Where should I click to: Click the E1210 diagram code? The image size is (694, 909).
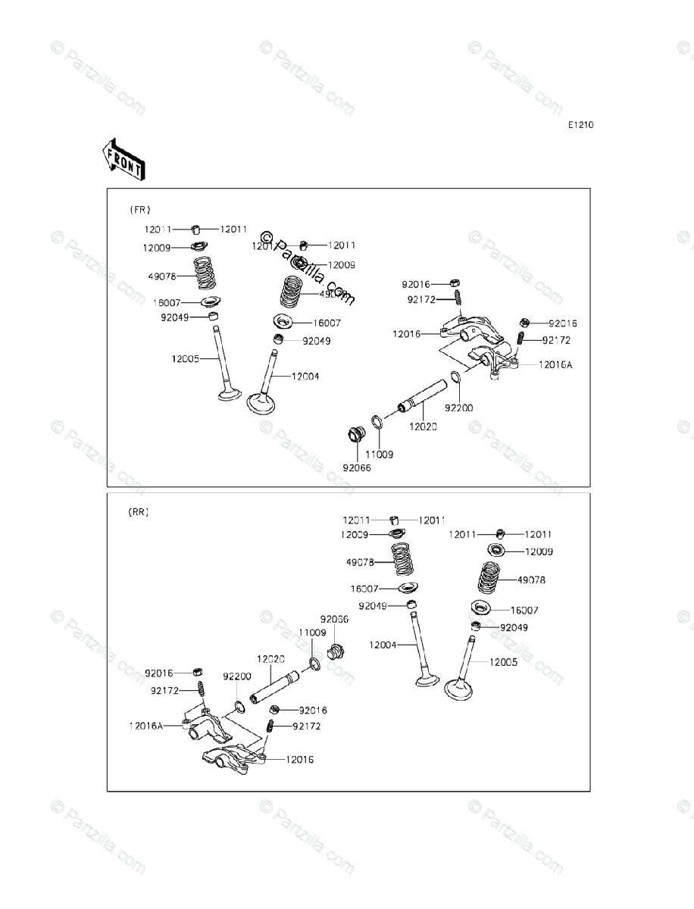[582, 125]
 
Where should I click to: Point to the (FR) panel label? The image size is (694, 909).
[139, 209]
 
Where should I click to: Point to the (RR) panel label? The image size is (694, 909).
[138, 512]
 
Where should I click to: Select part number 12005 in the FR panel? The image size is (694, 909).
[185, 358]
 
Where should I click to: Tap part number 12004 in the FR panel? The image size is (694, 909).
[305, 376]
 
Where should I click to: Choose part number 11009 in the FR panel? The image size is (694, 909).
[380, 454]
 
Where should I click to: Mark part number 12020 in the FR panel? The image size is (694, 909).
[424, 426]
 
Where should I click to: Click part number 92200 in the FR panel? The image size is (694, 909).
[458, 408]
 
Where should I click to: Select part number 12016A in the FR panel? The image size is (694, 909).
[555, 364]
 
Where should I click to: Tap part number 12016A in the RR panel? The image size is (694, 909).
[145, 725]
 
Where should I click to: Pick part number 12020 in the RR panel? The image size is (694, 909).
[270, 659]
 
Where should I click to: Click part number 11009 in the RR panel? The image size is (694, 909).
[311, 632]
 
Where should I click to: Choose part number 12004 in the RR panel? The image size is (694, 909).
[383, 645]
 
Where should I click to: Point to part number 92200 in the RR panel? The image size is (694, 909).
[236, 676]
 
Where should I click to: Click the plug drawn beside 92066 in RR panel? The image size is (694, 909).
[336, 651]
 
